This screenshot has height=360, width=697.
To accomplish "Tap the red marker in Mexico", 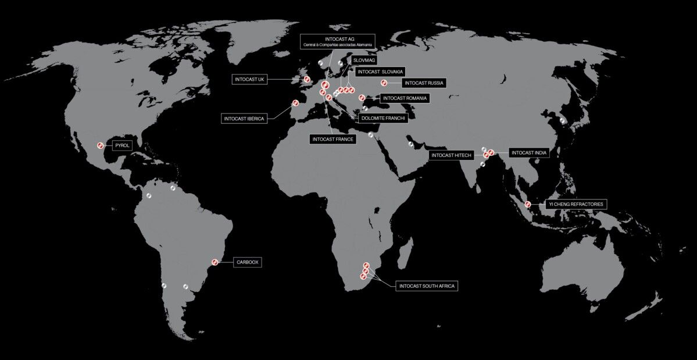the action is click(100, 145).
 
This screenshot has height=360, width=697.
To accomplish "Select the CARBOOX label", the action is click(246, 262).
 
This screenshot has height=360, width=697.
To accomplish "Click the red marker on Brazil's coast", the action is click(215, 263).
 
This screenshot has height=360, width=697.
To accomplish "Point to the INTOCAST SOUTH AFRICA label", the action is click(427, 286).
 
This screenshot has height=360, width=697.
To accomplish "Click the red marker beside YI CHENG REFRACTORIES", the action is click(528, 204).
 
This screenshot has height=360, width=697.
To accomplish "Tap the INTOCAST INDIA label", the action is click(528, 152).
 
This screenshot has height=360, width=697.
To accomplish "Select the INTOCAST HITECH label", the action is click(451, 155).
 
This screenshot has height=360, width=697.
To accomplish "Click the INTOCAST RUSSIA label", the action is click(424, 83).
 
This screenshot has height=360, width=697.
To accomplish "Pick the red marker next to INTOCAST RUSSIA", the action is click(383, 83).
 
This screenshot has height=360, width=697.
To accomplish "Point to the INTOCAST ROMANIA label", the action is click(405, 98).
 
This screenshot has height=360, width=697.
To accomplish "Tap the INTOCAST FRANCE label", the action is click(333, 139).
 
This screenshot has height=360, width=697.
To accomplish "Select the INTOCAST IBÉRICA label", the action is click(244, 119).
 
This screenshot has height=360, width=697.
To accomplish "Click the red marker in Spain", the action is click(295, 104).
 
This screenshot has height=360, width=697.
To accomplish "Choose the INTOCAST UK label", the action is click(250, 79).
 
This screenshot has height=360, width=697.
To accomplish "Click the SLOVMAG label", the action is click(364, 60).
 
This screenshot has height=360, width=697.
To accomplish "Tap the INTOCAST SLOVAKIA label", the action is click(380, 72).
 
